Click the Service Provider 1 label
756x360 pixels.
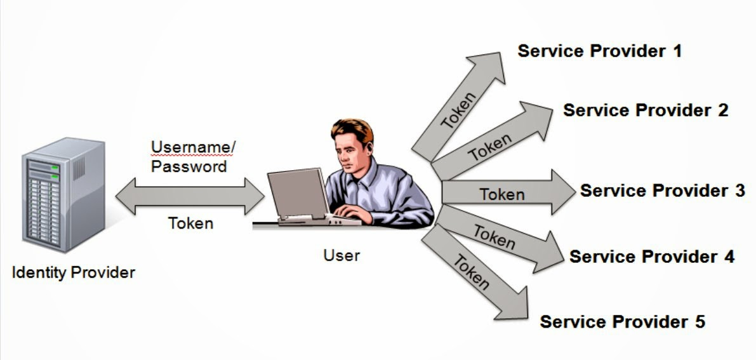coord(599,51)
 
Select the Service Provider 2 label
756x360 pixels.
coord(646,110)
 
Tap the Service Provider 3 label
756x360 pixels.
coord(662,190)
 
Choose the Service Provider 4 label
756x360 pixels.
coord(651,257)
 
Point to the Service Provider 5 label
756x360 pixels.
coord(622,321)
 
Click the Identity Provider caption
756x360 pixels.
coord(74,273)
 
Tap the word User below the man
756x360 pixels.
coord(342,255)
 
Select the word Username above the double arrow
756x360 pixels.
coord(192,148)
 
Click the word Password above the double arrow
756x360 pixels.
coord(189,166)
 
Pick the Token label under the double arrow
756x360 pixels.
coord(190,223)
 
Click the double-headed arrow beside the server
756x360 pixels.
coord(190,196)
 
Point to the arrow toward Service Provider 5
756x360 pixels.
coord(473,273)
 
